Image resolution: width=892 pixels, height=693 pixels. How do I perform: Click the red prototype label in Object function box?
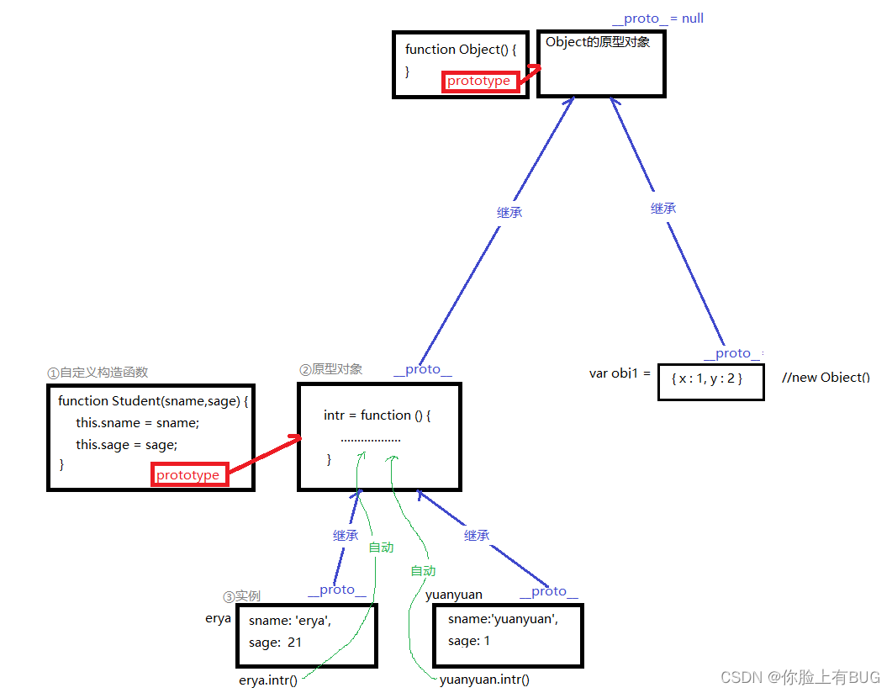tap(478, 82)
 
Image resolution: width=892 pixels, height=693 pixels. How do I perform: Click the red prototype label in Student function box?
tap(188, 475)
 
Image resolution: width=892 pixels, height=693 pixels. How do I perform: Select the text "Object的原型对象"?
tap(598, 42)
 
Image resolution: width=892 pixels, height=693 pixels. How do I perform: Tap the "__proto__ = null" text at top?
tap(658, 19)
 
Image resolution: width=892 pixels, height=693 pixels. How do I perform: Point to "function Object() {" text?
tap(461, 50)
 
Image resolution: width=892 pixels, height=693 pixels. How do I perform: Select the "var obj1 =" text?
tap(620, 373)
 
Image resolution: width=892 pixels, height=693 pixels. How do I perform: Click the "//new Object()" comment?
tap(826, 378)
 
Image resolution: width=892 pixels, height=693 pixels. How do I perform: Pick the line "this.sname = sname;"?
tap(137, 423)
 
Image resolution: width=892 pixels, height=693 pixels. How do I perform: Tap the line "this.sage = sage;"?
tap(127, 445)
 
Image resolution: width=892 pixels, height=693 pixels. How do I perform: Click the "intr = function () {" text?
tap(377, 415)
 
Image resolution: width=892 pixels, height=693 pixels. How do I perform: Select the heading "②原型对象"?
tap(331, 369)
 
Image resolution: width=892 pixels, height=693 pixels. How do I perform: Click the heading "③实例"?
tap(241, 596)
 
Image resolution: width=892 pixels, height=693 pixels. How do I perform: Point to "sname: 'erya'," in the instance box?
tap(290, 622)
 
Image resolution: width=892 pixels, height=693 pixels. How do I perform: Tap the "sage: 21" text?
tap(275, 643)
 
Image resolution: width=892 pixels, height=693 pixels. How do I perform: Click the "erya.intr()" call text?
tap(268, 680)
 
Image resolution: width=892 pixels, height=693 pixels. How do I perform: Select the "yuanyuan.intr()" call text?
tap(485, 680)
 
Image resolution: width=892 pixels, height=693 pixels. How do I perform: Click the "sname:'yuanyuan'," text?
tap(503, 619)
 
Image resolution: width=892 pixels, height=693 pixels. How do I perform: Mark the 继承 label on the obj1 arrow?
tap(663, 209)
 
